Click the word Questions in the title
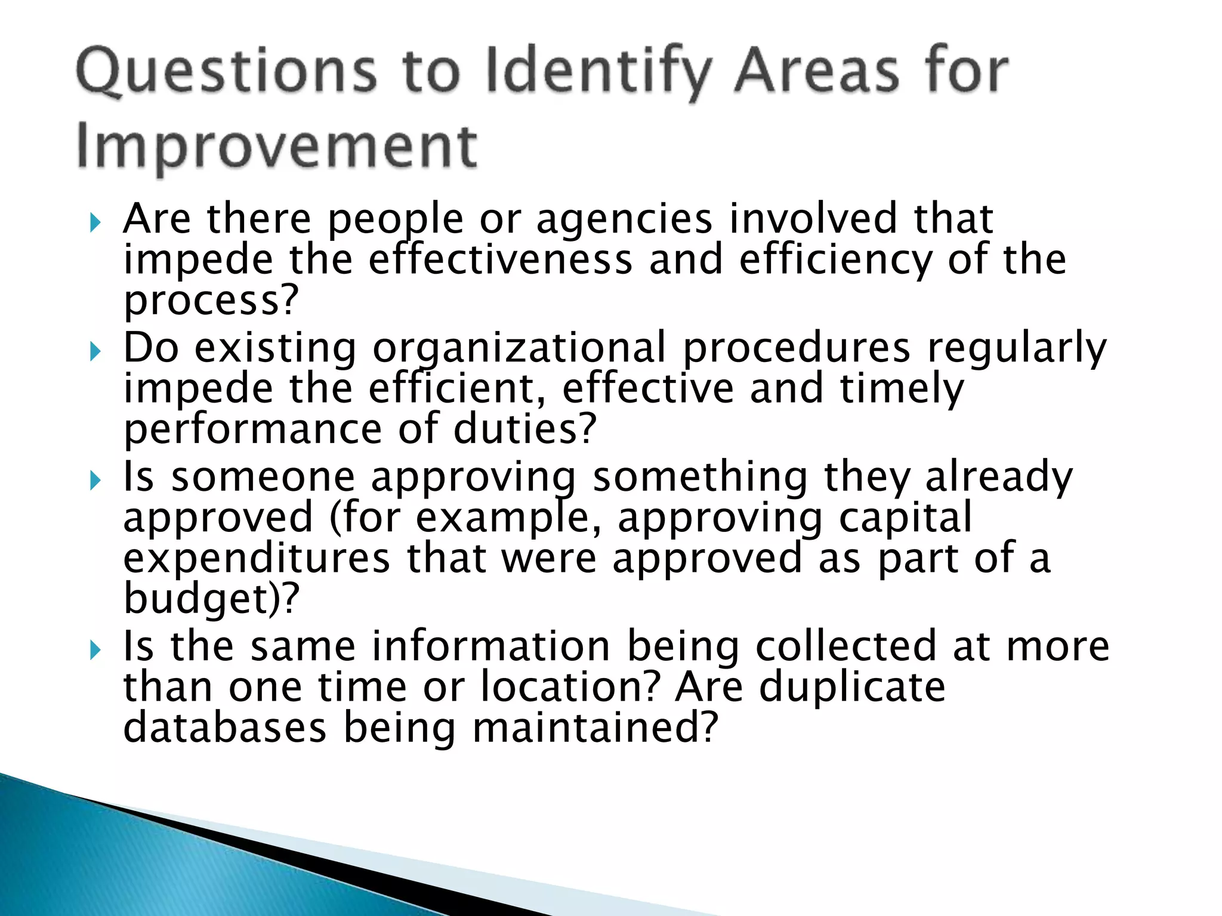227,73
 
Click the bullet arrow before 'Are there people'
95,224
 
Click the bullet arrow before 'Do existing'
95,352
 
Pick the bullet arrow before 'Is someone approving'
95,481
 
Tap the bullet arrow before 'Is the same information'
95,650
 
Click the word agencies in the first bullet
624,219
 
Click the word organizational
519,348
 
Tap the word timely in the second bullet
901,388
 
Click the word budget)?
210,598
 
